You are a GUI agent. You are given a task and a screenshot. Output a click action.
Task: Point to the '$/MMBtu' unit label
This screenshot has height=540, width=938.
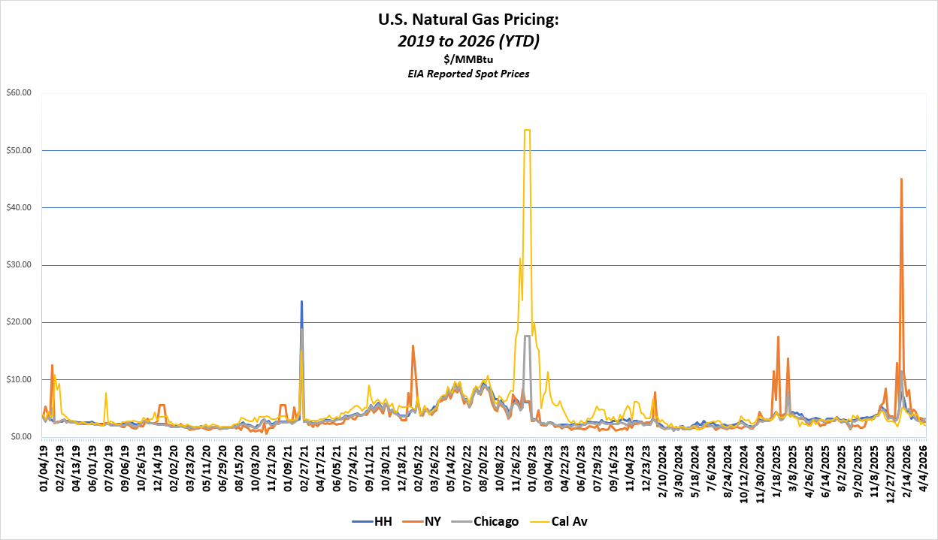[468, 59]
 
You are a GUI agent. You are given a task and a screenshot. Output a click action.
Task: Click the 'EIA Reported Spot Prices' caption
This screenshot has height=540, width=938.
[468, 74]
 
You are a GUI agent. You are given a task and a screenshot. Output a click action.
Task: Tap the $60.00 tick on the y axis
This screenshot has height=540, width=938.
[19, 93]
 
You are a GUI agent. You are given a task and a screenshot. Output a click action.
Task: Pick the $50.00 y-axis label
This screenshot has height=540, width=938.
[19, 150]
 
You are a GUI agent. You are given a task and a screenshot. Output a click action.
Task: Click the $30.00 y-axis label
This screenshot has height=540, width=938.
[19, 265]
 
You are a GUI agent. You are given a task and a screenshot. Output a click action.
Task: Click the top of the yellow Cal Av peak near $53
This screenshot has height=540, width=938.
[527, 130]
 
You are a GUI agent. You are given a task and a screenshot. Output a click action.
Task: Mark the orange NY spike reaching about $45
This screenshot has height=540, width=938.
[901, 179]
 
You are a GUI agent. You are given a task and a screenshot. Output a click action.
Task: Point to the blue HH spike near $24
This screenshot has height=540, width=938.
[301, 301]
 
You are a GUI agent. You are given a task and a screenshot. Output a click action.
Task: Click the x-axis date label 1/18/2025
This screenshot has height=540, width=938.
[777, 467]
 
